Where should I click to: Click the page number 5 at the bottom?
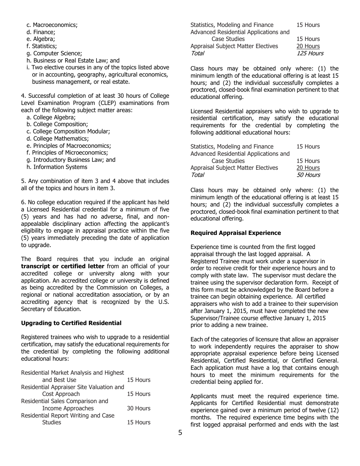point(180,433)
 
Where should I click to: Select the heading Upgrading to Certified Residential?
point(71,323)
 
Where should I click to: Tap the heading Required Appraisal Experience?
point(236,233)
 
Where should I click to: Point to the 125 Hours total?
point(310,53)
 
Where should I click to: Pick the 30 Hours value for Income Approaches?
point(138,408)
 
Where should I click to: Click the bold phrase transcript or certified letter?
point(63,266)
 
